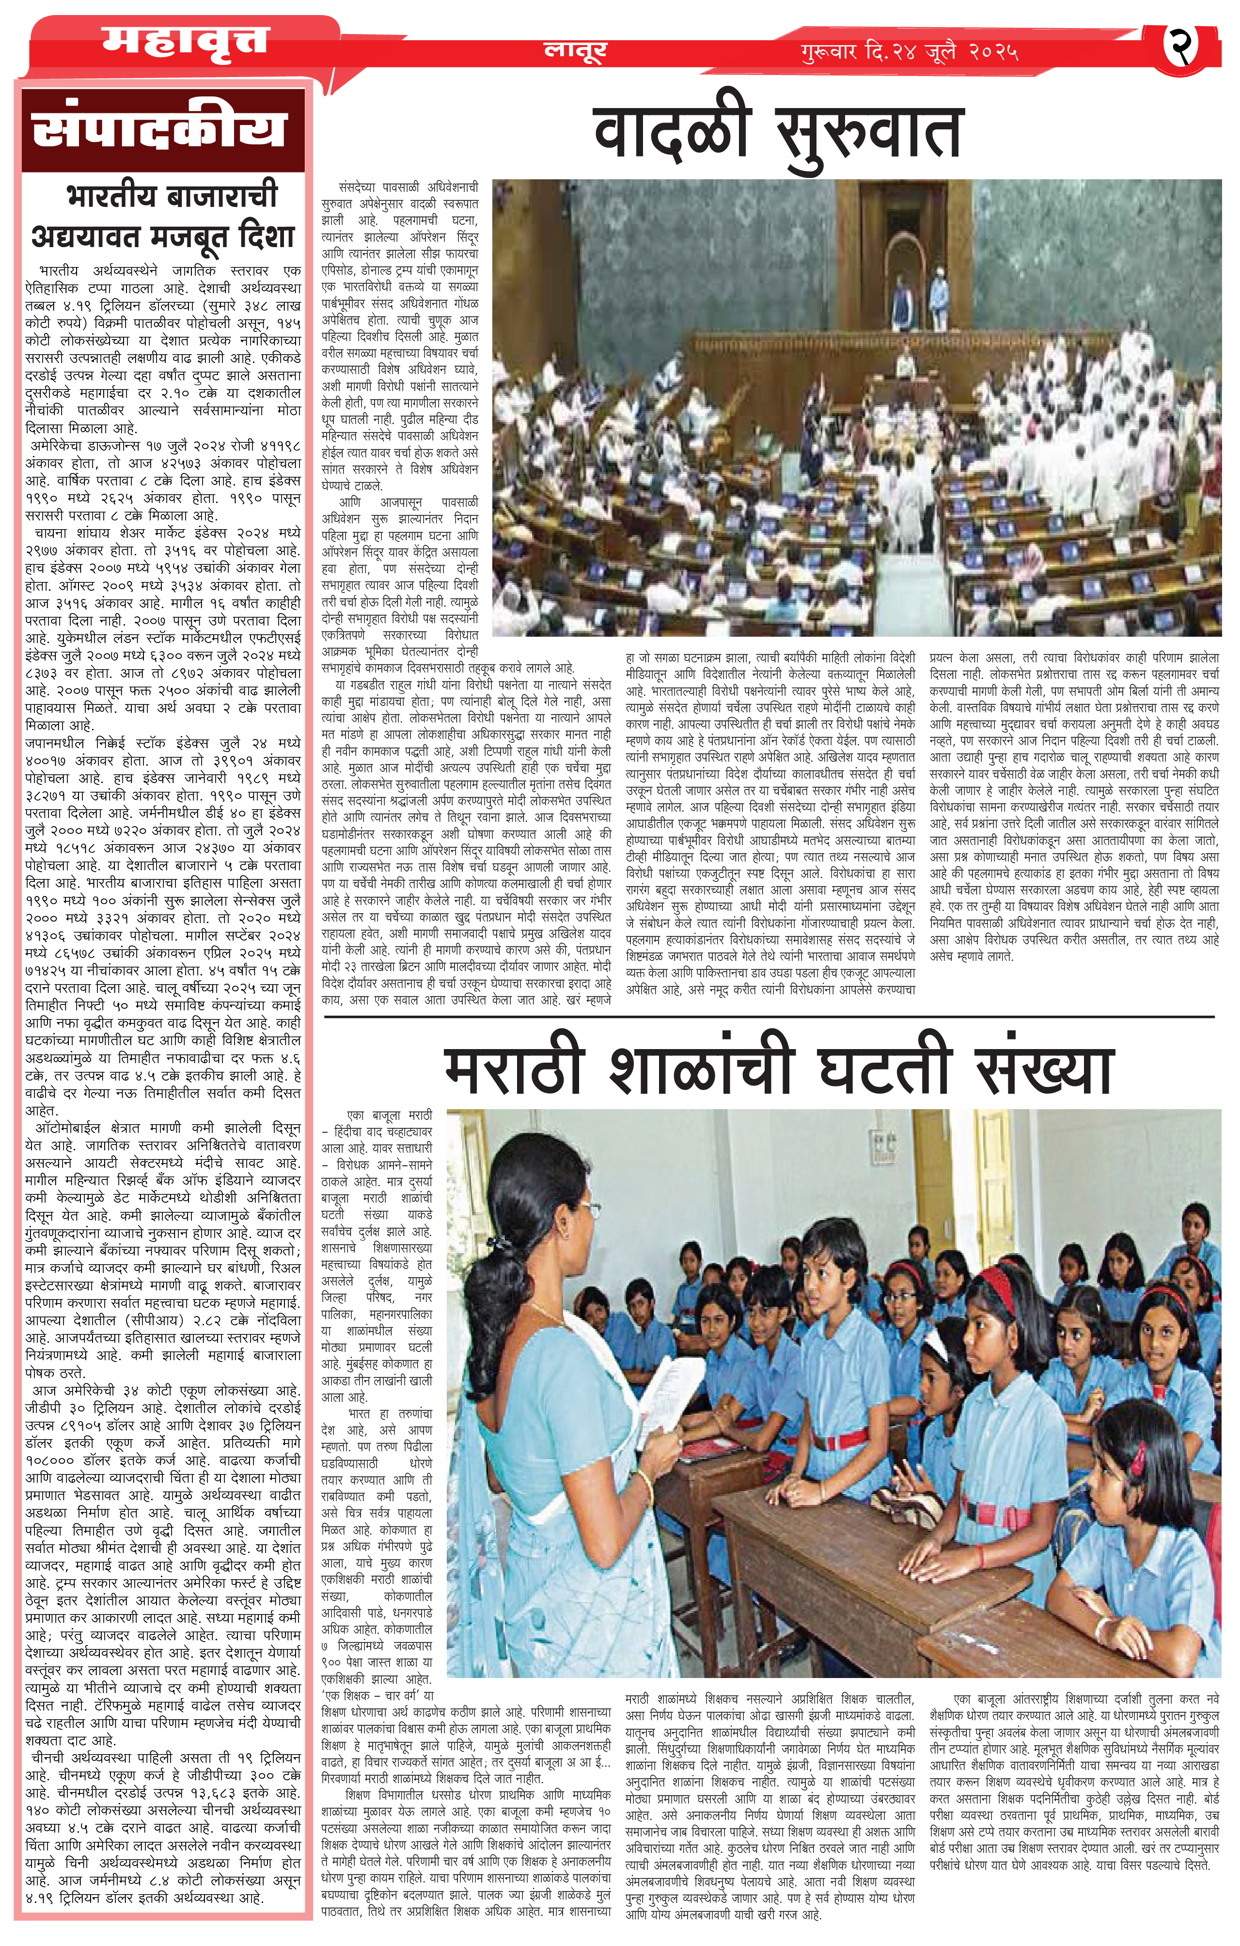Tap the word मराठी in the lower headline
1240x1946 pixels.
[x=513, y=1068]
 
